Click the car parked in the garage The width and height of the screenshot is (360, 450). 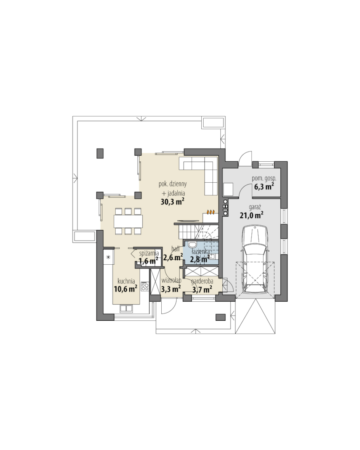[255, 259]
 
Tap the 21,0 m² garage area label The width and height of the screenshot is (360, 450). [251, 215]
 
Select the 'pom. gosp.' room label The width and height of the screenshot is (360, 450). [264, 178]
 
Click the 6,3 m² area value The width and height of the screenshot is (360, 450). [264, 186]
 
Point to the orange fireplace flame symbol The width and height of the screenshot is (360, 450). [211, 212]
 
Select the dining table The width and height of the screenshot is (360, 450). [128, 221]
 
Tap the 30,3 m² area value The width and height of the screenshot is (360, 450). [172, 202]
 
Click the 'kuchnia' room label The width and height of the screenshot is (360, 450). [126, 281]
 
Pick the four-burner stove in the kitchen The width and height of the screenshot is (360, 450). [145, 286]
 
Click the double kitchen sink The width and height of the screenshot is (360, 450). [126, 309]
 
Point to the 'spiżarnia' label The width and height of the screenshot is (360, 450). [149, 254]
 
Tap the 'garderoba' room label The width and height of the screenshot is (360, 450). [202, 281]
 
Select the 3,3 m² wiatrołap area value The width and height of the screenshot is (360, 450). [171, 289]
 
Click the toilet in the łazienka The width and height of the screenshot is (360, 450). [192, 244]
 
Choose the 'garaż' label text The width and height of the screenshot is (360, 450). [255, 207]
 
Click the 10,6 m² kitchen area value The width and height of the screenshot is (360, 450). [125, 289]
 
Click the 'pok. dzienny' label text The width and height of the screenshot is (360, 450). [173, 184]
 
